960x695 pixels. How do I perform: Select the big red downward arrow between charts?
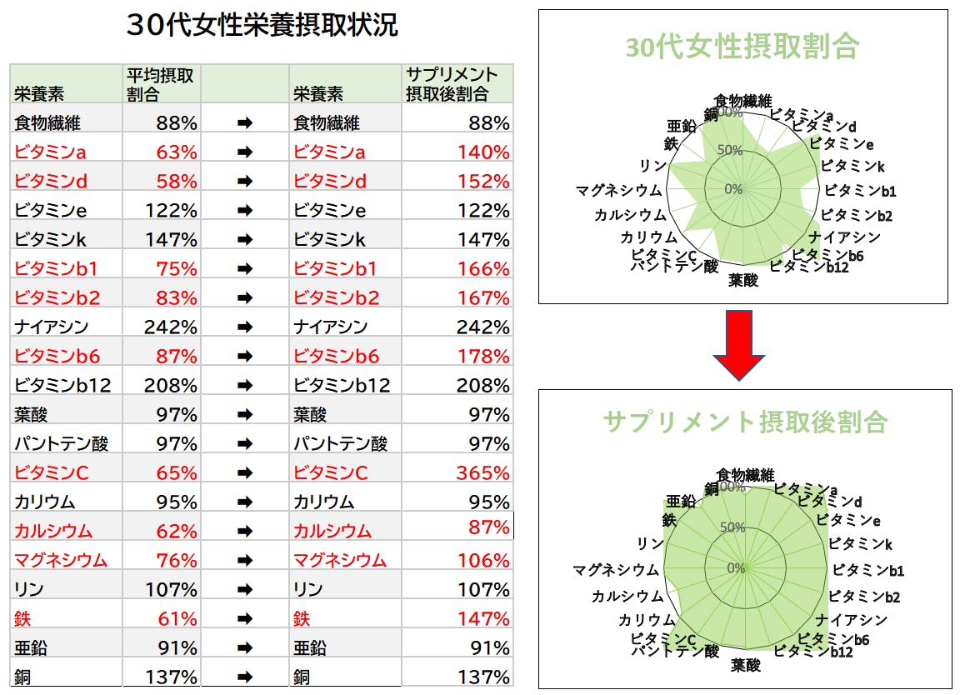tap(738, 345)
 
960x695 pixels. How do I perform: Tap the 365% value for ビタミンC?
tap(482, 472)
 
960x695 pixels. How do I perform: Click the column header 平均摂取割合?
tap(160, 84)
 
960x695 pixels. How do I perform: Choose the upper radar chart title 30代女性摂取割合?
tap(742, 47)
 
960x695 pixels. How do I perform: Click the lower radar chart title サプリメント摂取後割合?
tap(745, 422)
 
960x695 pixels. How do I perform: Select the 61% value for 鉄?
tap(177, 618)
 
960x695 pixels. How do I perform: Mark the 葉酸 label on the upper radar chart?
tap(743, 280)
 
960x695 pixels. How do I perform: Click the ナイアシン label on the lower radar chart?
tap(851, 619)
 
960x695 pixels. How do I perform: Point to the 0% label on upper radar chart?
tap(732, 189)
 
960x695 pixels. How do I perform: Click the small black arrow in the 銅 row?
tap(244, 677)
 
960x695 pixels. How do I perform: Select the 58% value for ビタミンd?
tap(177, 181)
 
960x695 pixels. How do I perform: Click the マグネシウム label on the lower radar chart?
tap(615, 570)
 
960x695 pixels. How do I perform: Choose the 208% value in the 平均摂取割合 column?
tap(171, 385)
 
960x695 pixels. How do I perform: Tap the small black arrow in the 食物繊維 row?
tap(244, 122)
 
